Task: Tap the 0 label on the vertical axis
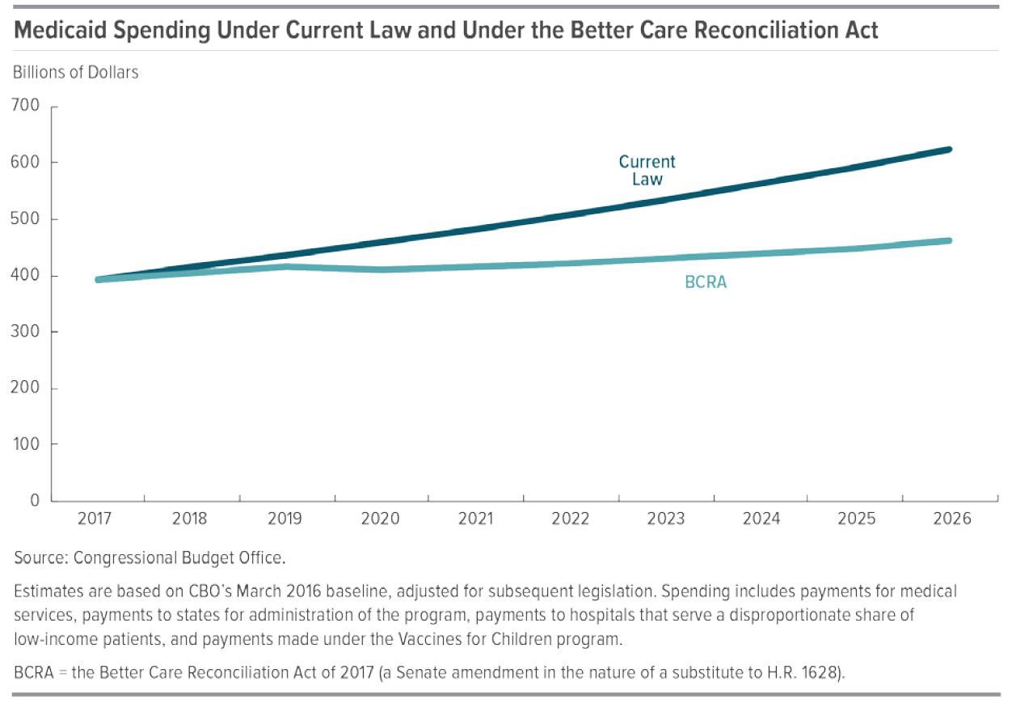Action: [x=35, y=501]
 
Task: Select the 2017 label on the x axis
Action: [x=95, y=519]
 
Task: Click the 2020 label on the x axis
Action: [x=380, y=519]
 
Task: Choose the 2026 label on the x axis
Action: [x=952, y=519]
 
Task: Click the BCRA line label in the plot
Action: [x=706, y=283]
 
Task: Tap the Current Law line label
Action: [x=647, y=170]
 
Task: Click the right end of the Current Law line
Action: [x=949, y=150]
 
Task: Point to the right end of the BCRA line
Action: [x=949, y=241]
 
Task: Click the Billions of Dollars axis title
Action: [x=76, y=72]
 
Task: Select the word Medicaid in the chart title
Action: [x=59, y=32]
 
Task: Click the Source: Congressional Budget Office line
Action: [x=150, y=558]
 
